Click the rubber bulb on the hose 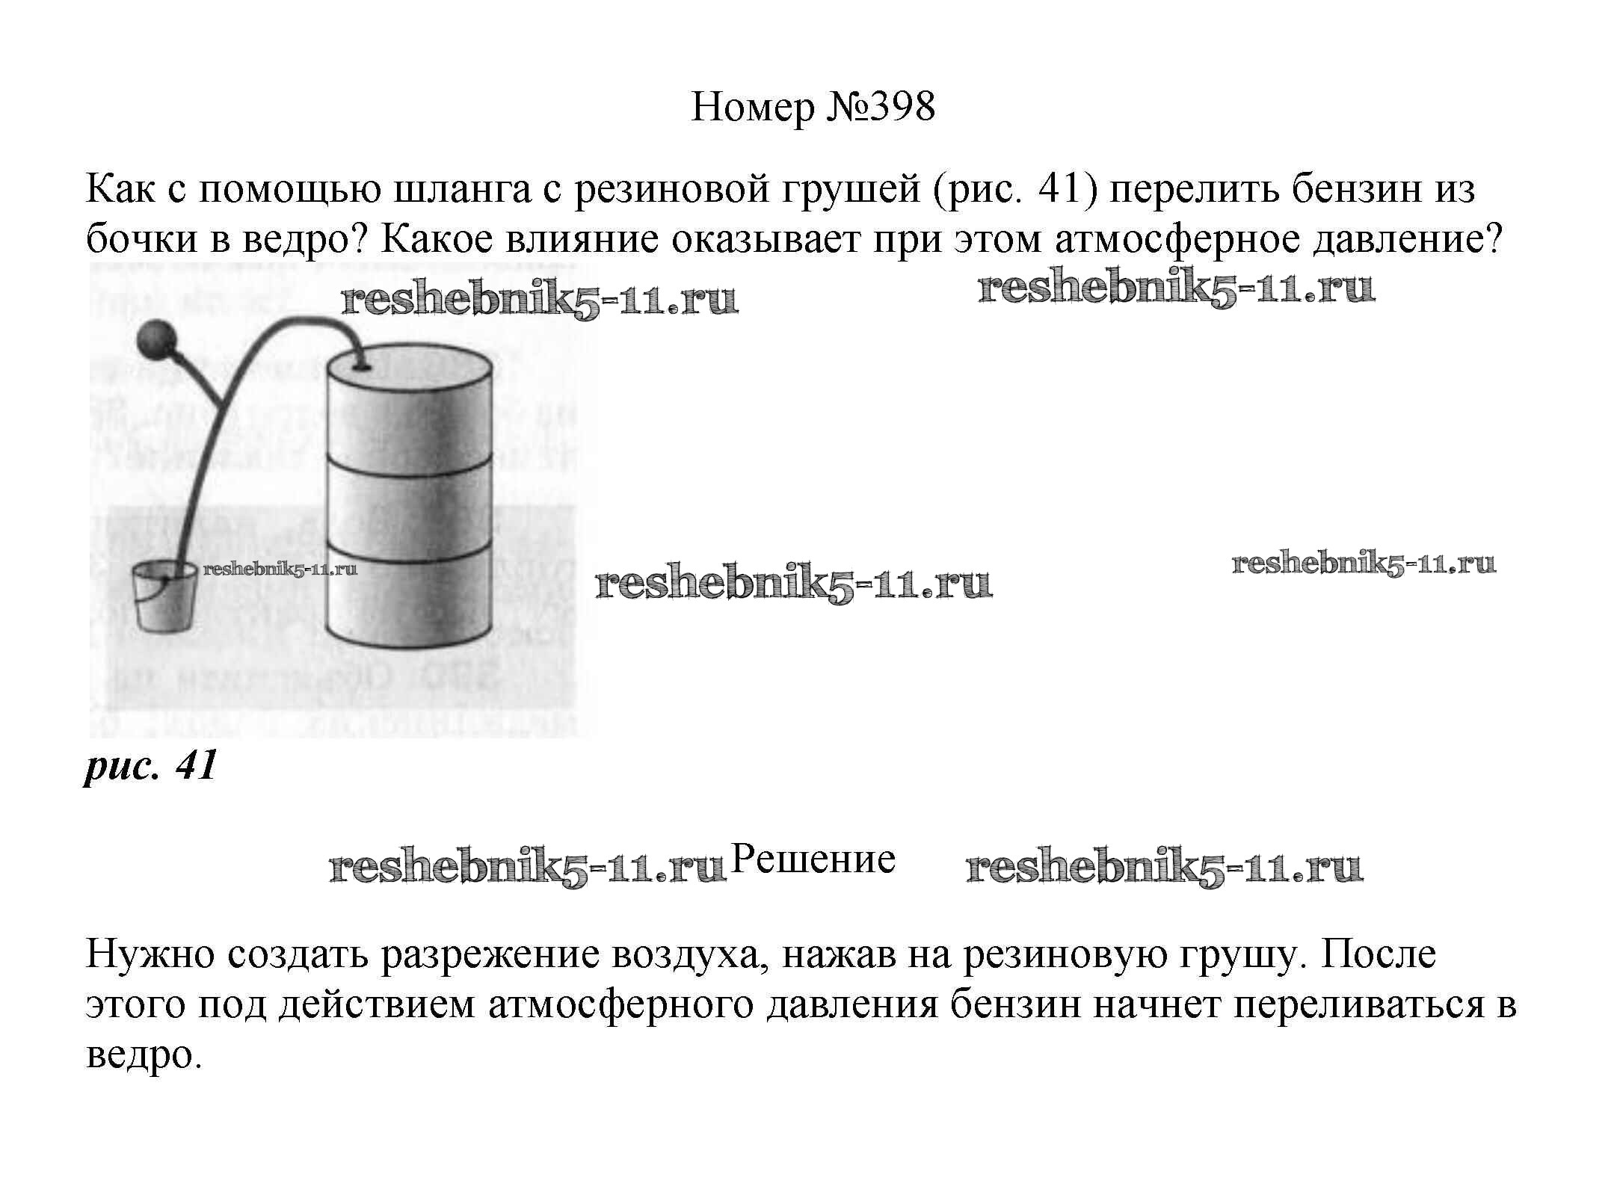(156, 339)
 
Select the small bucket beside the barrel (164, 597)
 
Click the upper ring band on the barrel (410, 462)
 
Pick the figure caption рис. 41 (150, 765)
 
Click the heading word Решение (813, 859)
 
